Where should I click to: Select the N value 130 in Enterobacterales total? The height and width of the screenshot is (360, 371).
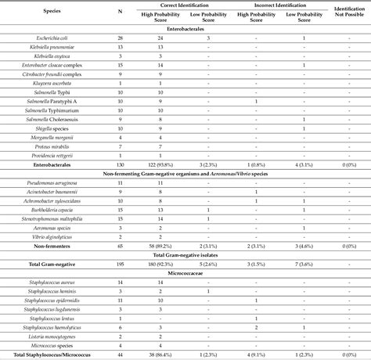[119, 166]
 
